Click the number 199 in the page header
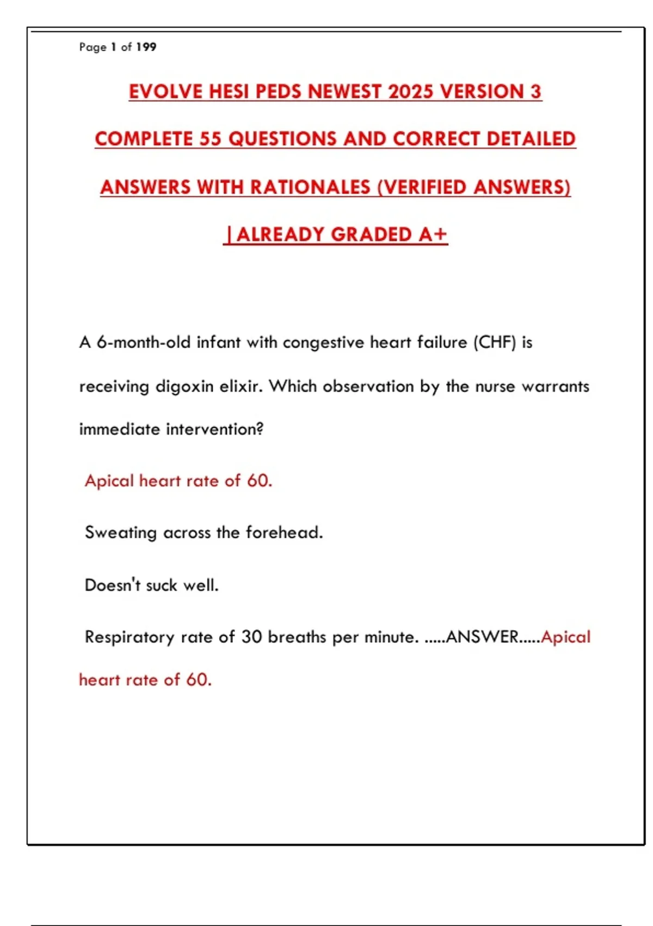pos(146,47)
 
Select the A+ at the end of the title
pos(433,235)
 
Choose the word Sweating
pos(121,533)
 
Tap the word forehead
pos(284,533)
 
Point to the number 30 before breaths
pos(252,637)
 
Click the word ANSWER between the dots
pos(482,637)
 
